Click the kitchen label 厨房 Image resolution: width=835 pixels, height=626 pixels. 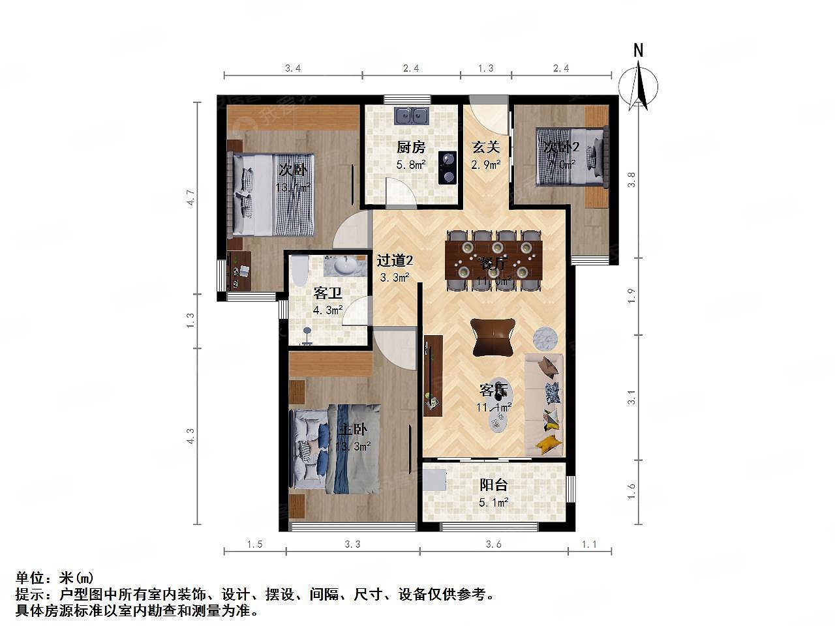pos(411,147)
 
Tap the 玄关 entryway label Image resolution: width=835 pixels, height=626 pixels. pos(486,147)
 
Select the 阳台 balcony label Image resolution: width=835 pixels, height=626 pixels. pos(493,485)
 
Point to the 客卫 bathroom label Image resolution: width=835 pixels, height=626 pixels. pos(328,293)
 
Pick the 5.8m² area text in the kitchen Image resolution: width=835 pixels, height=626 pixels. pos(411,164)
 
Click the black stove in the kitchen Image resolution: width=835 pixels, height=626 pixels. pos(447,166)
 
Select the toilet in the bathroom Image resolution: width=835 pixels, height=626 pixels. pos(299,271)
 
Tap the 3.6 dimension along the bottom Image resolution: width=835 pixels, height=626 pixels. pos(494,544)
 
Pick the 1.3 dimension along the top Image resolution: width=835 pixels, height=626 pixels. pos(486,68)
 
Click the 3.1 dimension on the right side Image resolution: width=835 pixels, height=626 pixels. pos(631,398)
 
